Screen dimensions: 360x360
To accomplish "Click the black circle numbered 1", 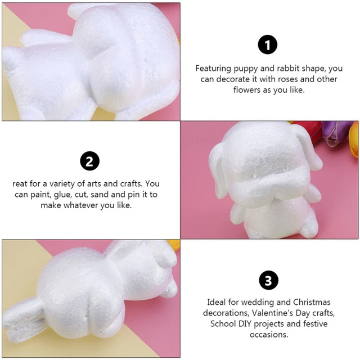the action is pos(268,44).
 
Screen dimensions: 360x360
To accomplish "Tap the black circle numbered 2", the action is pos(89,161).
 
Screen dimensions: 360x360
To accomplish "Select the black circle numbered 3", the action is pos(268,280).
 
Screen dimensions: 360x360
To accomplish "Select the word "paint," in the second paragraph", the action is pos(41,195).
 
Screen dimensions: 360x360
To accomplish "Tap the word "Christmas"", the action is pos(312,302).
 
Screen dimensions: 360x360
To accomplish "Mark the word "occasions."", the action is pos(269,335).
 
